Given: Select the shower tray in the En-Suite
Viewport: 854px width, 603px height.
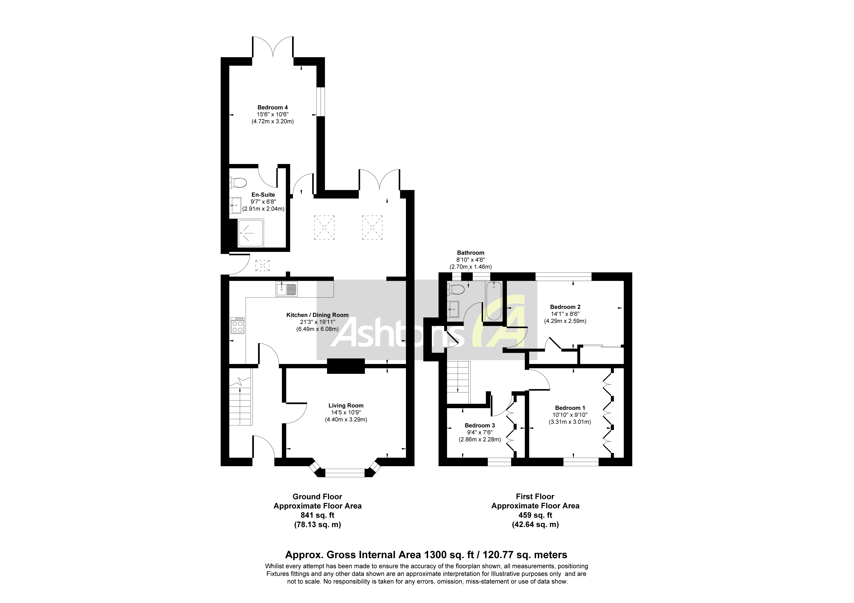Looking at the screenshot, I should click(251, 233).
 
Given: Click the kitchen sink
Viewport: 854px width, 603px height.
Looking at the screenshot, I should click(286, 289).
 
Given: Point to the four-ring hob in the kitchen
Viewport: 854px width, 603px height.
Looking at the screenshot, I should click(237, 325).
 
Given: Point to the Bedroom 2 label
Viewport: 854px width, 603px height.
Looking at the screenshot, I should click(565, 307).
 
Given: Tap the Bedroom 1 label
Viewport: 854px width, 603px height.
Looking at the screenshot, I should click(570, 408).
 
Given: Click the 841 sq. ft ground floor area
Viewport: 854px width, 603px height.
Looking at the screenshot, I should click(317, 515).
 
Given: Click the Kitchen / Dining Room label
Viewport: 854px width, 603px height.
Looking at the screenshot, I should click(317, 315).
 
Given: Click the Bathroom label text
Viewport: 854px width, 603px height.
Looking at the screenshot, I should click(470, 253).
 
